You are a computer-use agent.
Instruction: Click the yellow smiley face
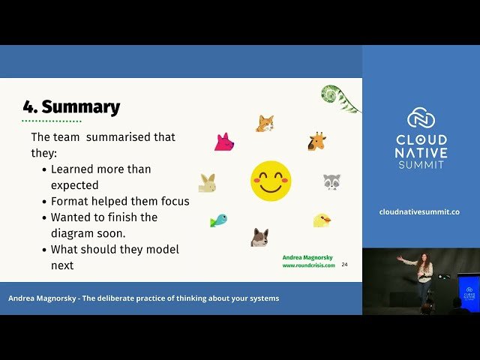click(x=271, y=181)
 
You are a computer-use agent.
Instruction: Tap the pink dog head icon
click(x=223, y=142)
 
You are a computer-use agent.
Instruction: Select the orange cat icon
click(x=265, y=124)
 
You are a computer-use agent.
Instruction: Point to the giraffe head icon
click(x=316, y=141)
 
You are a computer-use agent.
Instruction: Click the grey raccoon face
click(x=331, y=181)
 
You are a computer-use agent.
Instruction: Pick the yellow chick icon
click(x=322, y=220)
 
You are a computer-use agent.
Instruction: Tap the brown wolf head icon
click(x=260, y=237)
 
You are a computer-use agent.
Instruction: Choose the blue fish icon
click(x=218, y=220)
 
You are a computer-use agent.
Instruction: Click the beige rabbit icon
click(x=207, y=183)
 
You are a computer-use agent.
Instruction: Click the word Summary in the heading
click(x=80, y=107)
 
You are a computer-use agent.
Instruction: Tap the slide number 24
click(x=344, y=265)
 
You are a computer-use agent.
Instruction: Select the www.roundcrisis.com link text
click(x=308, y=265)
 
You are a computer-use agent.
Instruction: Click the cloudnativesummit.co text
click(x=421, y=212)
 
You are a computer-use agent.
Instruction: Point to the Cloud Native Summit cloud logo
click(x=421, y=118)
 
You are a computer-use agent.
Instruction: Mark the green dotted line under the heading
click(x=51, y=120)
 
